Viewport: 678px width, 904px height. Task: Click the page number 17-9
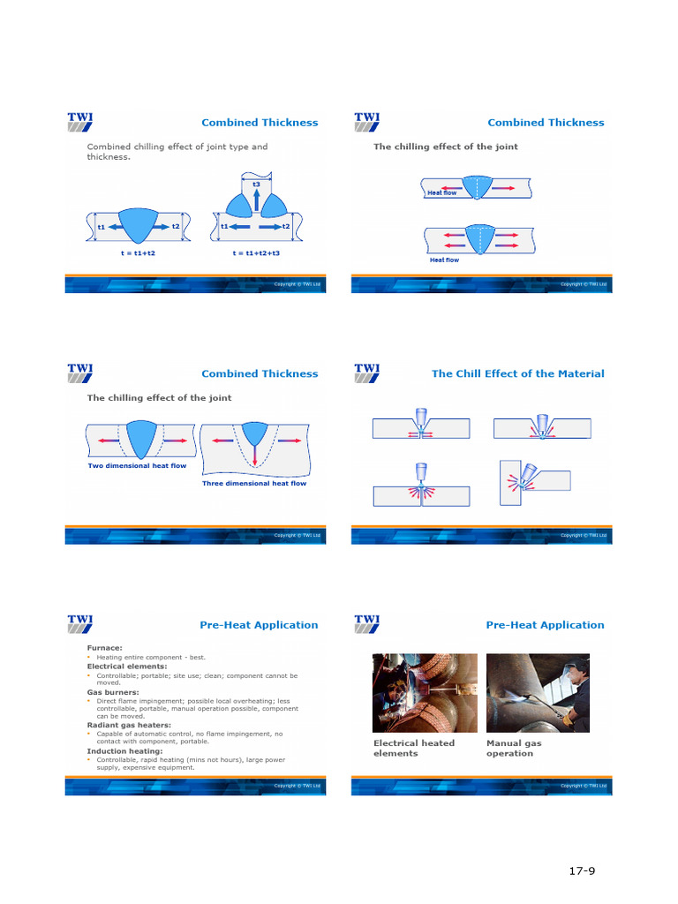point(582,871)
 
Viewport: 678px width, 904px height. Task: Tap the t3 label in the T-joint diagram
point(256,185)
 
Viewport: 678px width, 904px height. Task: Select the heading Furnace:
point(104,647)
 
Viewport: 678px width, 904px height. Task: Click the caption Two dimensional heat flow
point(137,465)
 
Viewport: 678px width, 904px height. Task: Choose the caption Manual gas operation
point(514,748)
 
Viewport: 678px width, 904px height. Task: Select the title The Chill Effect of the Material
point(517,373)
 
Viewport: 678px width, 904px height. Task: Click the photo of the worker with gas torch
point(538,693)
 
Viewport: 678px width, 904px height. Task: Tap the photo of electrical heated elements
point(425,693)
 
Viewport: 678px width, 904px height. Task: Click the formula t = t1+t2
point(138,252)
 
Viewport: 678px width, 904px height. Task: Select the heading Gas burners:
point(112,692)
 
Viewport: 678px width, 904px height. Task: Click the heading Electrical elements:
point(126,666)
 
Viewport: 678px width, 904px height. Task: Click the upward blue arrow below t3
point(256,200)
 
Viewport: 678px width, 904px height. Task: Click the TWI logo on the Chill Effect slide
point(366,373)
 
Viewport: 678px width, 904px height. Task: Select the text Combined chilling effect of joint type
point(177,147)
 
